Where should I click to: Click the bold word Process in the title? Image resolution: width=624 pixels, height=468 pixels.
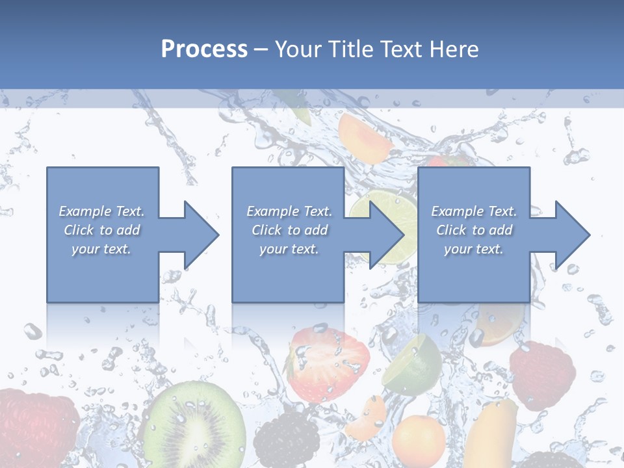point(204,49)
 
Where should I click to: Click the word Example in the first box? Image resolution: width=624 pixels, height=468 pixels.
point(85,211)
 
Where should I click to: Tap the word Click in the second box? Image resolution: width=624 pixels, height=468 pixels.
point(266,230)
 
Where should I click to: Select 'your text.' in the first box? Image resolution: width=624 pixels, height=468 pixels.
point(101,249)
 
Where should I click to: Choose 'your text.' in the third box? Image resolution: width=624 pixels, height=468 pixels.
point(474,249)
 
